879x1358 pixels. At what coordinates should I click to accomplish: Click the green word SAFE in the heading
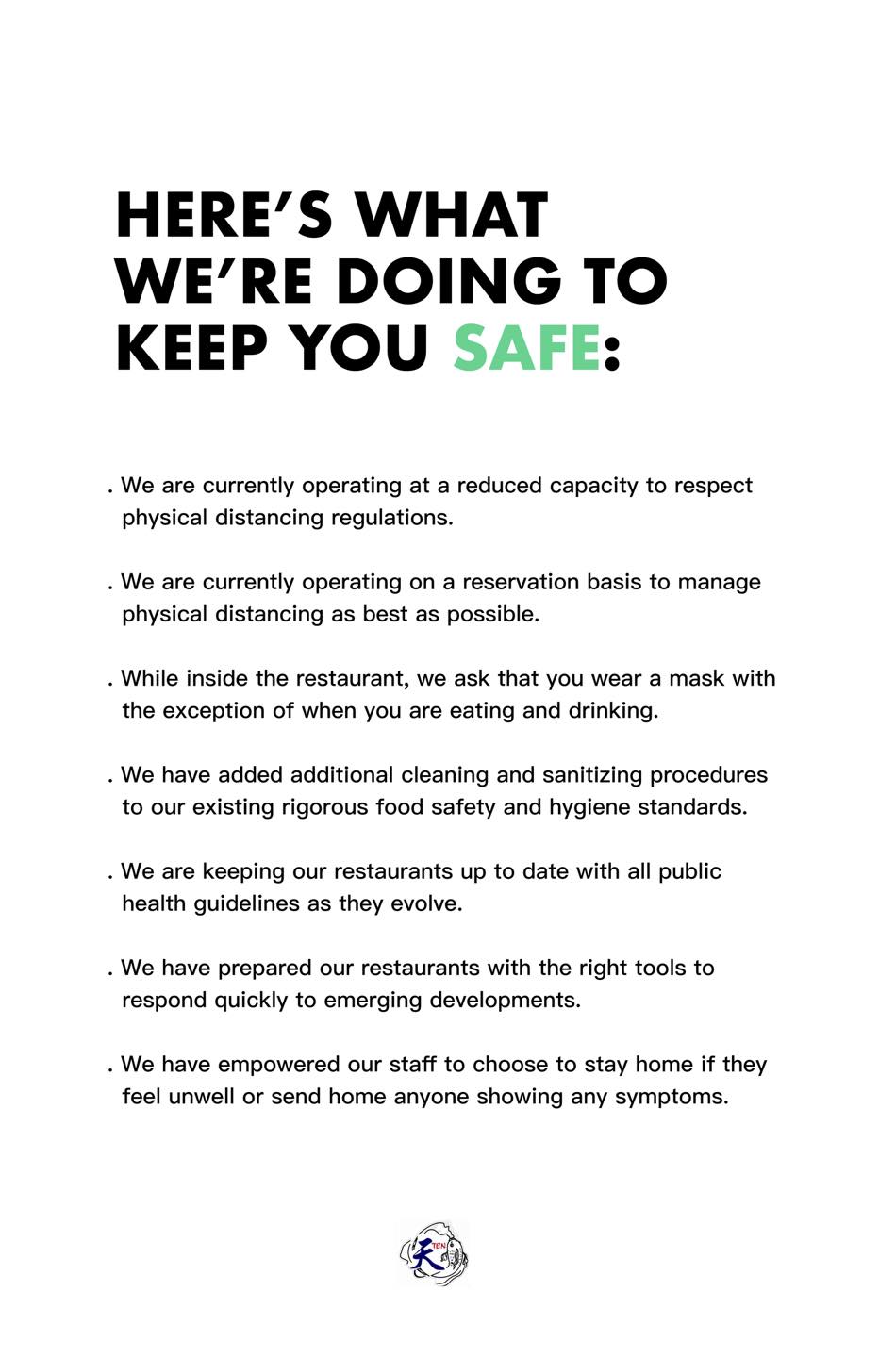(x=526, y=347)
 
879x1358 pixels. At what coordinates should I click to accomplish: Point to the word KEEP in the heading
(x=191, y=347)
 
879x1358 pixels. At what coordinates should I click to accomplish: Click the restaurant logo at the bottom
(x=435, y=1253)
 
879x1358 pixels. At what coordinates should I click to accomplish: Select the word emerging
(x=372, y=1001)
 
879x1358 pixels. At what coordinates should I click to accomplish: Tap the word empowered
(x=252, y=1065)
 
